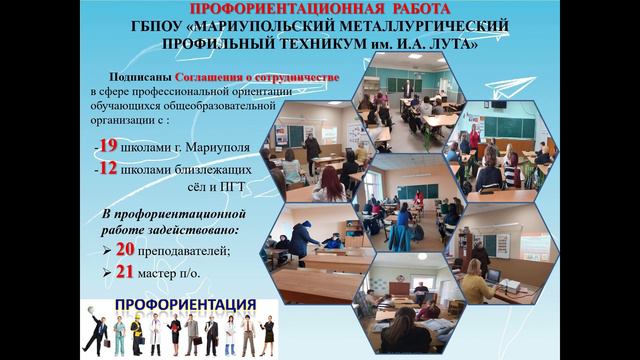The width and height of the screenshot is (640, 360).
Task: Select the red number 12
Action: (107, 168)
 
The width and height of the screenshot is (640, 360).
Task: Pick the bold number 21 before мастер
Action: (125, 271)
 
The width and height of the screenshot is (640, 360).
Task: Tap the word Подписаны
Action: (139, 77)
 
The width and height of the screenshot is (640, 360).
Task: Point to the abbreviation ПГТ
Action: (228, 188)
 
